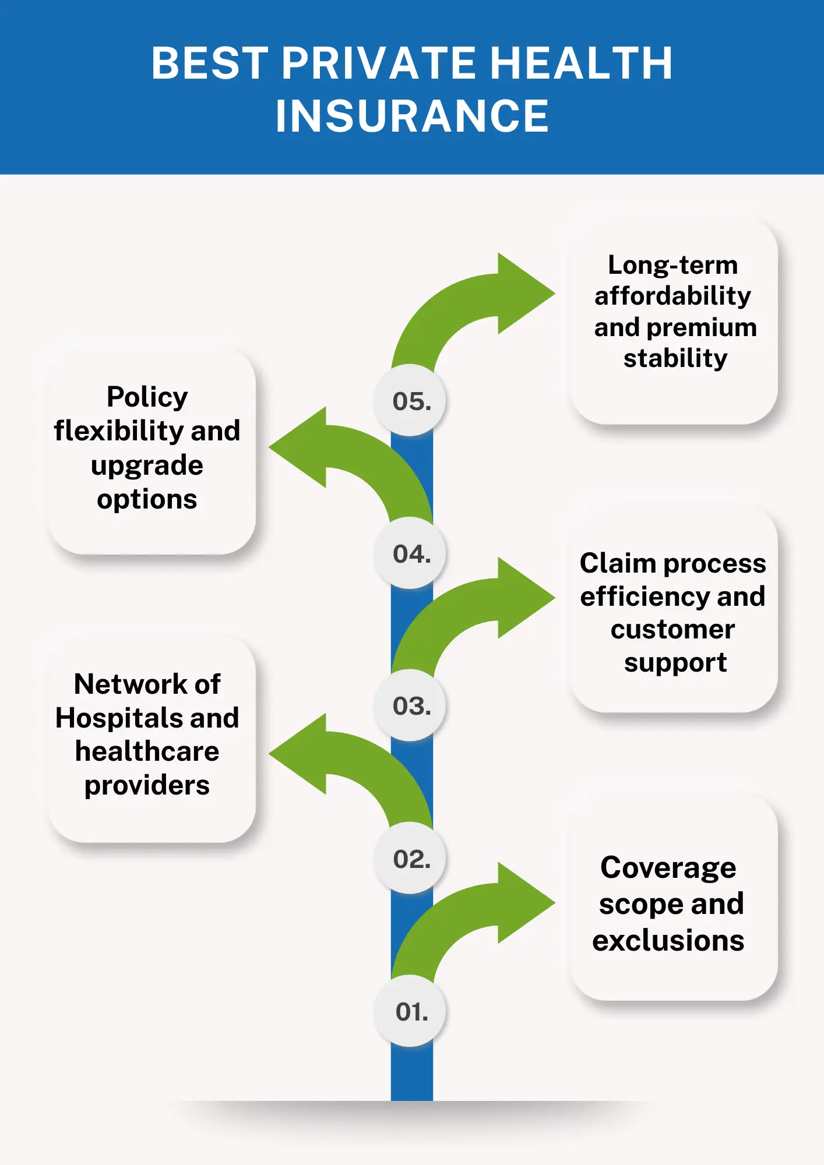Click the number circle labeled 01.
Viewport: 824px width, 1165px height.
pyautogui.click(x=411, y=1012)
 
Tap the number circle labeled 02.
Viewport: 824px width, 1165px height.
pyautogui.click(x=411, y=859)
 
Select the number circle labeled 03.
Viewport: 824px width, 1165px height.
pyautogui.click(x=411, y=706)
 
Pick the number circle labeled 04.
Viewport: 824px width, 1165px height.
pyautogui.click(x=411, y=553)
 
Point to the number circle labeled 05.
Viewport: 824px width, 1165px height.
pyautogui.click(x=411, y=401)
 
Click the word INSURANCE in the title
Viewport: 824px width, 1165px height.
pyautogui.click(x=412, y=116)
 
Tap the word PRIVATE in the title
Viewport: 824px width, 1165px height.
pyautogui.click(x=379, y=63)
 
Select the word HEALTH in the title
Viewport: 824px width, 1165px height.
pyautogui.click(x=581, y=63)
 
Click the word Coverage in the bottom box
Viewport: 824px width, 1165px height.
pyautogui.click(x=668, y=868)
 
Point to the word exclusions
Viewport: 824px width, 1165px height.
pyautogui.click(x=668, y=940)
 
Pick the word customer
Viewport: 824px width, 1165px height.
pyautogui.click(x=672, y=630)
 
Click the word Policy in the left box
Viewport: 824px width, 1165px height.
pyautogui.click(x=147, y=397)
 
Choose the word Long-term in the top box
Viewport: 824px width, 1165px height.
pyautogui.click(x=672, y=265)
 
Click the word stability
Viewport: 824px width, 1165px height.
pyautogui.click(x=675, y=358)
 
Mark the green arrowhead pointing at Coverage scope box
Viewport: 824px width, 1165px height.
pyautogui.click(x=524, y=902)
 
